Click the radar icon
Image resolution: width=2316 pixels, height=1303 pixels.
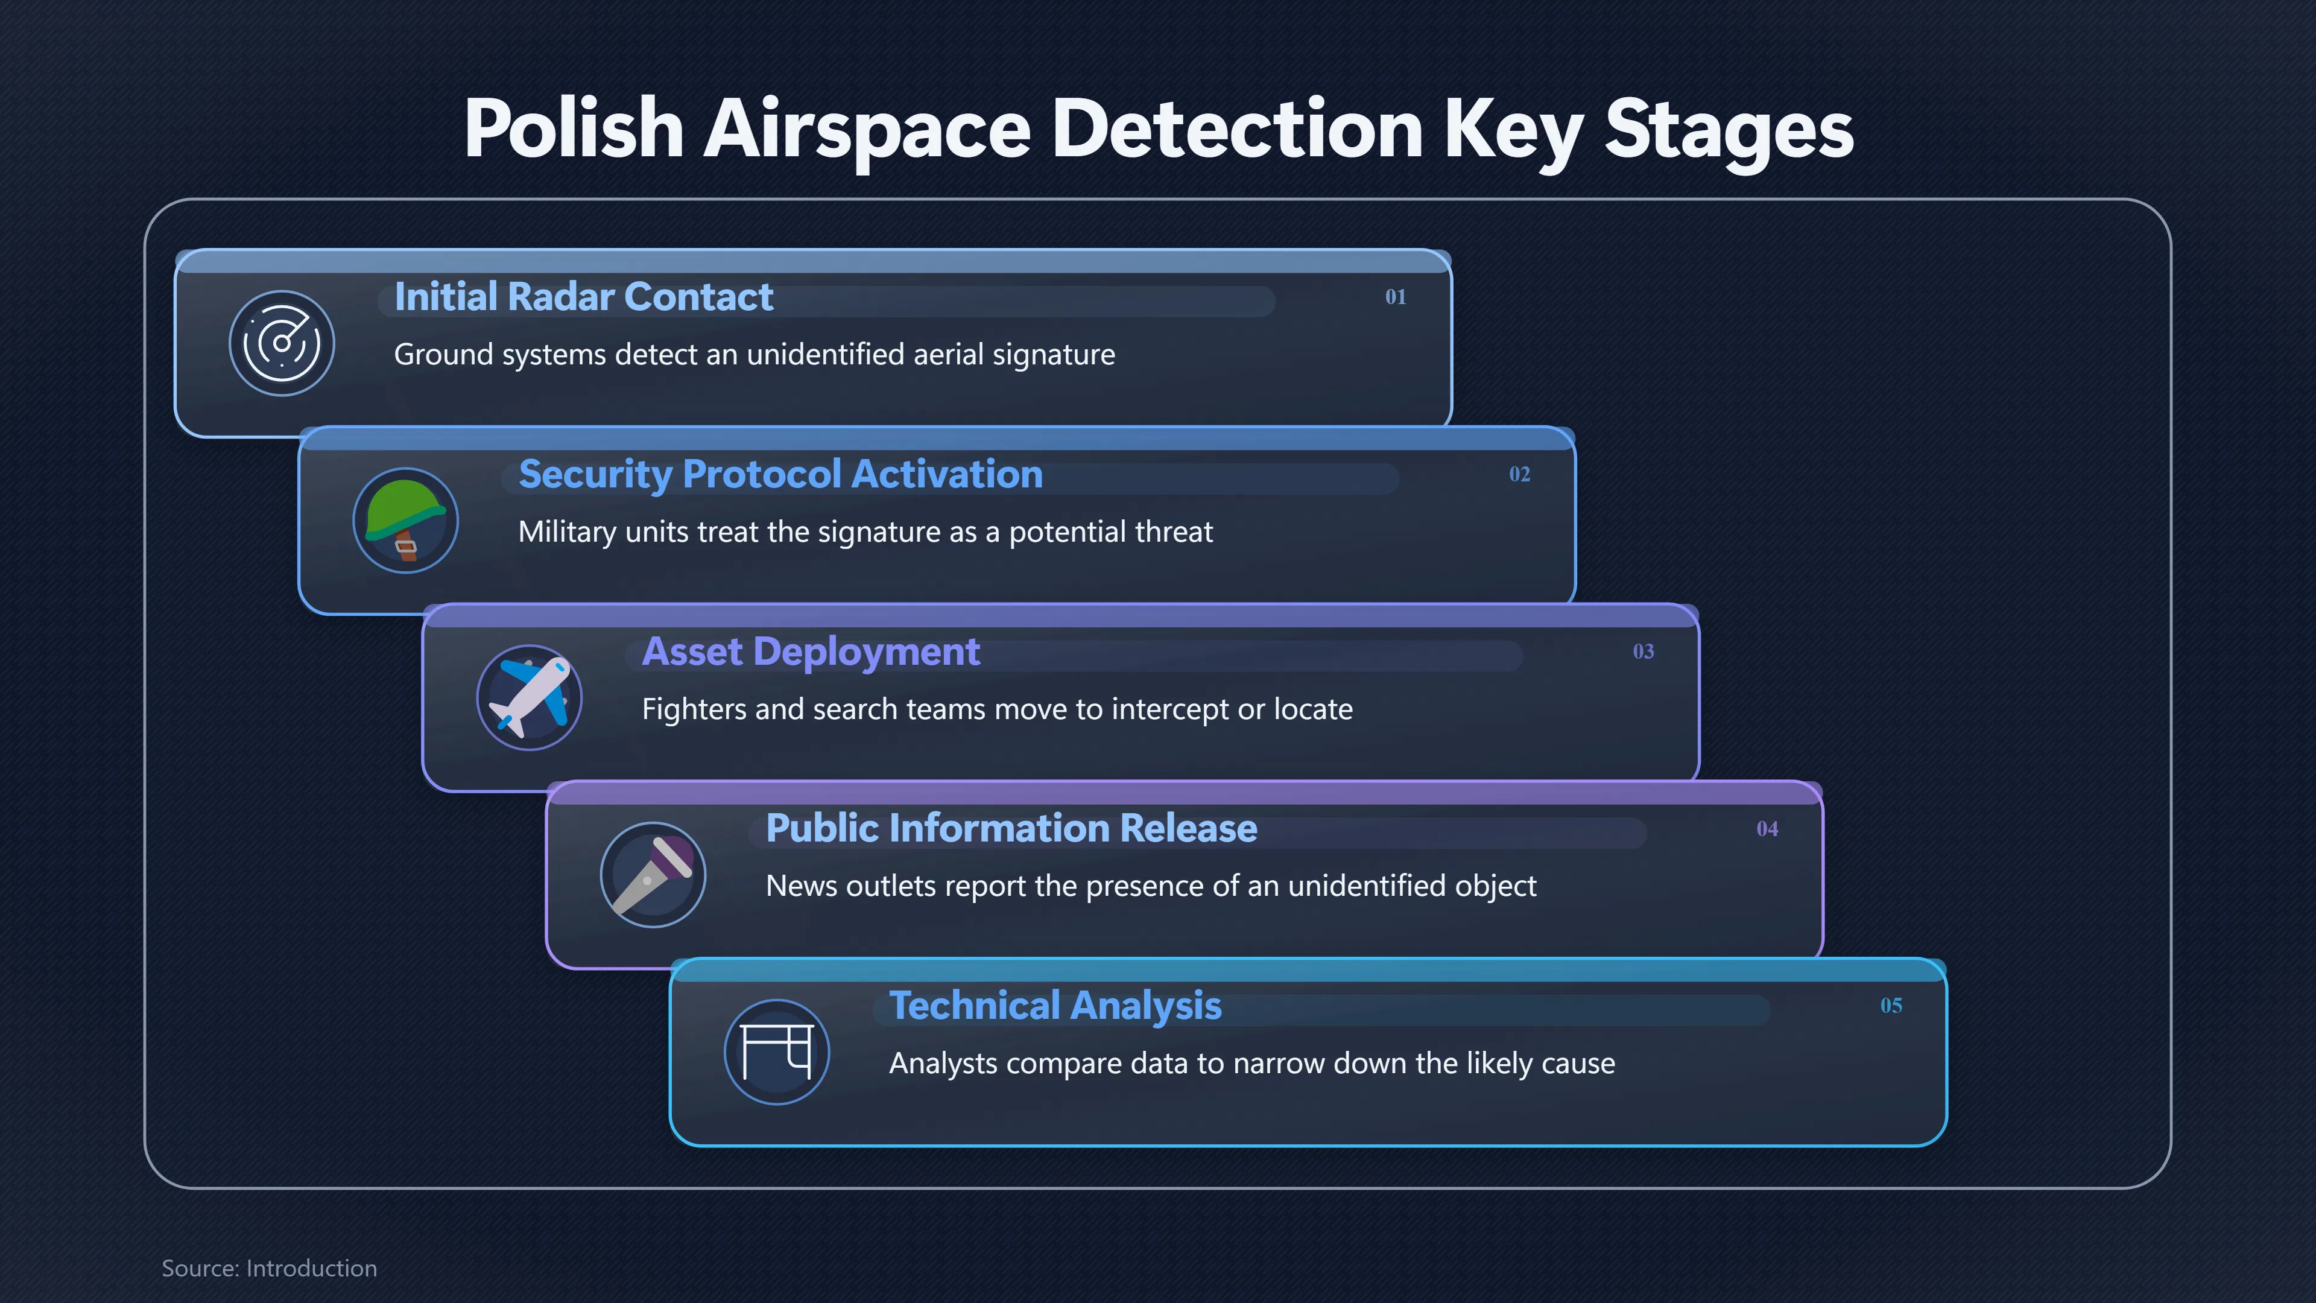282,343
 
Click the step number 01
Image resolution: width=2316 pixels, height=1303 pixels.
1396,297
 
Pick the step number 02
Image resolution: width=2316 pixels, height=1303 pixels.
1519,474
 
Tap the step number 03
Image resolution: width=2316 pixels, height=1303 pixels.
1644,651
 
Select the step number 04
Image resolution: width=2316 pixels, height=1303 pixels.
1768,828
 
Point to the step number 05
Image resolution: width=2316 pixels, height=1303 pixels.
1891,1006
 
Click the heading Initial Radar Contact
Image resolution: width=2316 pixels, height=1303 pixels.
583,297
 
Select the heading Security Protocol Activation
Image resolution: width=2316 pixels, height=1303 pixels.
780,475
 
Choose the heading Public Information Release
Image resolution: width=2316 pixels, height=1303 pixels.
1011,828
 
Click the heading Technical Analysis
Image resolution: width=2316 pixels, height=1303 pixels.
1055,1006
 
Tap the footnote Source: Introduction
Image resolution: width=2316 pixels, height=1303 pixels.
269,1268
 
